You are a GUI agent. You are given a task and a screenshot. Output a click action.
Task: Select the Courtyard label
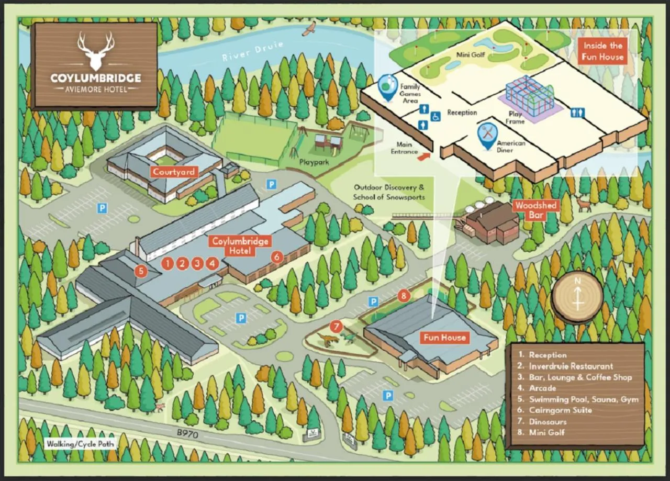174,172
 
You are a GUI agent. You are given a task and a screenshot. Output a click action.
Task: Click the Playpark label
314,162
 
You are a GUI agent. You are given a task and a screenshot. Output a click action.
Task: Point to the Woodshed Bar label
535,210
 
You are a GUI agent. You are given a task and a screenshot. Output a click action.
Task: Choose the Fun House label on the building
444,338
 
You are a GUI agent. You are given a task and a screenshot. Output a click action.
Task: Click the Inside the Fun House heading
603,51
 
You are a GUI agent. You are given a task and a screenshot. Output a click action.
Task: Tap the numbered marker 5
140,271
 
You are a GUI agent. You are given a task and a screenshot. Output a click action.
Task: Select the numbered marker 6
277,256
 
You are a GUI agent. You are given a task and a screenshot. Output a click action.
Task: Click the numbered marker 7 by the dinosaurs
337,327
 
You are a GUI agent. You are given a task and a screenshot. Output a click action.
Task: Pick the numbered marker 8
403,295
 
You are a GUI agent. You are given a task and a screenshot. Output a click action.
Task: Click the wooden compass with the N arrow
577,297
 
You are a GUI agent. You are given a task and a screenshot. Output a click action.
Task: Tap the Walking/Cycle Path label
80,444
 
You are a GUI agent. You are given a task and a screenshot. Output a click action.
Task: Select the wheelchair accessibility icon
435,116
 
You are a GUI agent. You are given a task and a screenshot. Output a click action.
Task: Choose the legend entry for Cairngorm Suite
560,410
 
